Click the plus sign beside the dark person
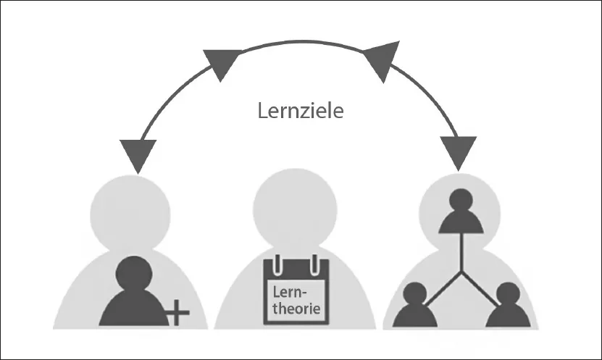178,314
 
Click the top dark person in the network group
460,212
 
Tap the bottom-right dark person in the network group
505,306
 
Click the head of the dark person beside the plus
133,274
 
